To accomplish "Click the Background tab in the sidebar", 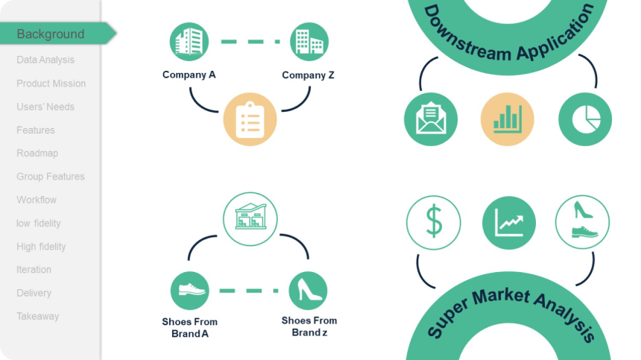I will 51,34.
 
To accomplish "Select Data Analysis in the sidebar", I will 45,60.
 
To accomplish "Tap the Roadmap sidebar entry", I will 37,153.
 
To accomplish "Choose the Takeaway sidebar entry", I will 37,316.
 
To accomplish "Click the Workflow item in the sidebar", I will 37,200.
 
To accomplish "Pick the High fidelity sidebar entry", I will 41,246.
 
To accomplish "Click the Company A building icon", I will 189,42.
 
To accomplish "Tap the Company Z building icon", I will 309,42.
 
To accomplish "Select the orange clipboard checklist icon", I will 250,119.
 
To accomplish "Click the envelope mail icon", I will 431,119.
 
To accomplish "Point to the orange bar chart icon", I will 508,119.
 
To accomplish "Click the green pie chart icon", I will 585,119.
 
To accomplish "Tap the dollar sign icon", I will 433,222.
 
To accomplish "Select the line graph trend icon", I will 509,222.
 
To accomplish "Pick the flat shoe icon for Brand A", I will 189,291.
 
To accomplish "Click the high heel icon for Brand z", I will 308,291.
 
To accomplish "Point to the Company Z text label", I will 309,75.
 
